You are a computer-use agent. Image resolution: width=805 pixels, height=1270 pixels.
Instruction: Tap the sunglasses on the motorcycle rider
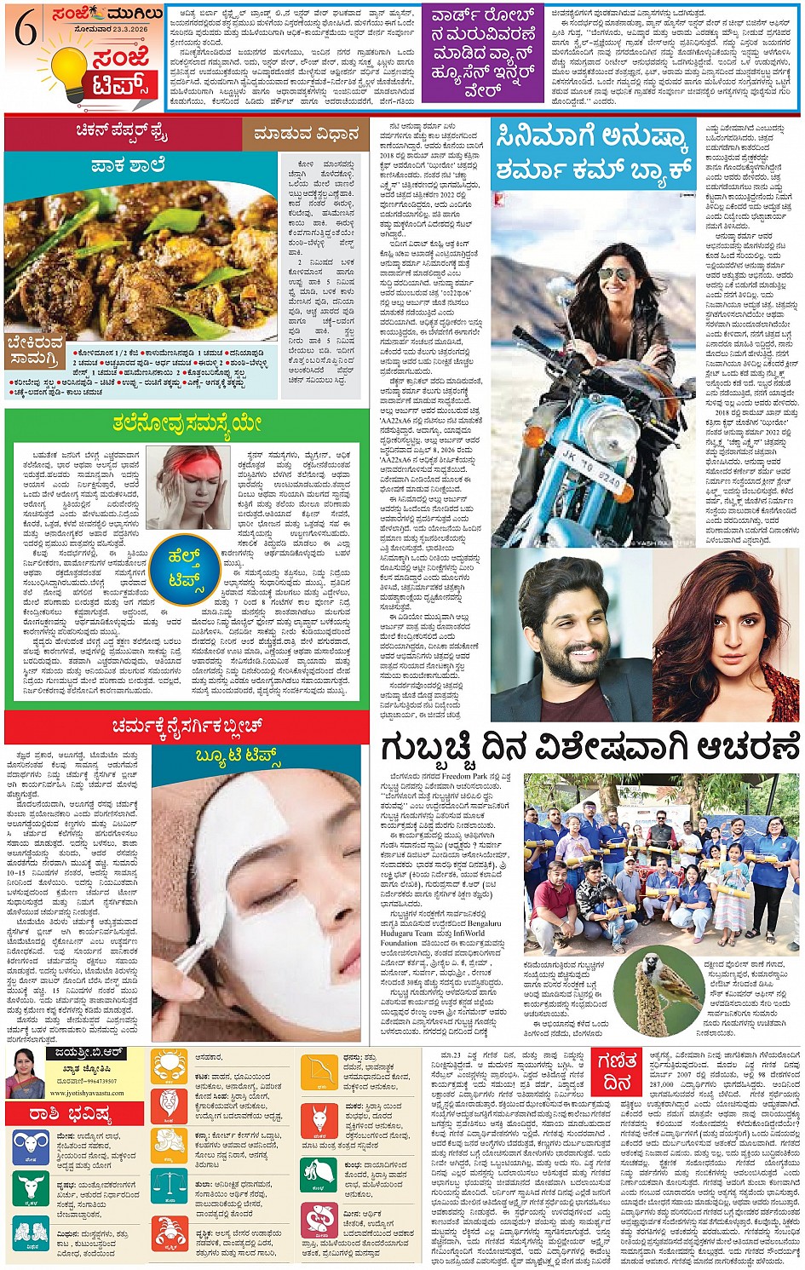pyautogui.click(x=615, y=273)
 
